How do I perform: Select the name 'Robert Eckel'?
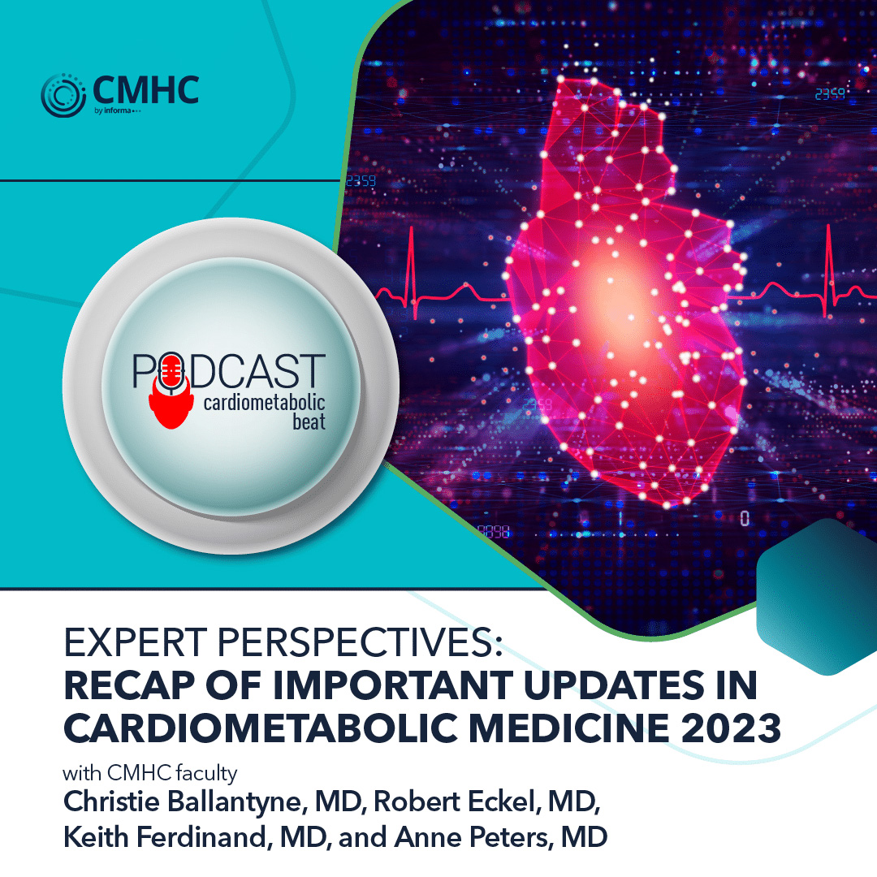469,798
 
